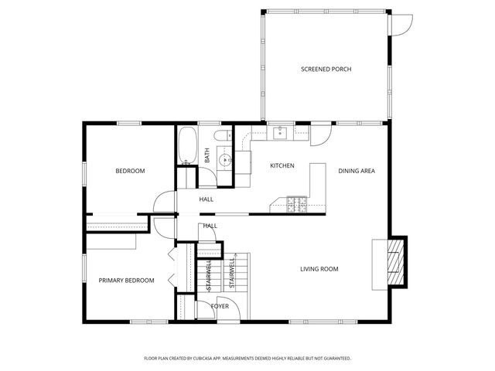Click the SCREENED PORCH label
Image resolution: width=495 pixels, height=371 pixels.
point(326,70)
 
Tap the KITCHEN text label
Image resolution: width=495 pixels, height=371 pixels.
point(282,166)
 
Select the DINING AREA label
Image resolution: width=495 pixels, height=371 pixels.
point(357,171)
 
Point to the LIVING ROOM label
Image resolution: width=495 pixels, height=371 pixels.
point(319,269)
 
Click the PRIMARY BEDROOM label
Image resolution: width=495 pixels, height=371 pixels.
point(126,281)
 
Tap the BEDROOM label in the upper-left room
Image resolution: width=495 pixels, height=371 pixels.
point(130,171)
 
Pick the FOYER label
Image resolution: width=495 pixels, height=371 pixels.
point(220,306)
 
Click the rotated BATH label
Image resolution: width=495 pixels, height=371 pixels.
point(207,155)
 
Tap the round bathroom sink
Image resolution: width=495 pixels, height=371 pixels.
point(224,161)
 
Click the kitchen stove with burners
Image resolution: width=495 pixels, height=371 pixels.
point(296,205)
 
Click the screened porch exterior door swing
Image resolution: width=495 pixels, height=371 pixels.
point(401,23)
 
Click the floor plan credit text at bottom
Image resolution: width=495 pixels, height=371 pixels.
point(247,359)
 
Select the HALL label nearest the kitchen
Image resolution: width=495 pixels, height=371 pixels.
point(207,199)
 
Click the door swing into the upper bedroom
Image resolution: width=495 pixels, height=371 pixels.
point(164,203)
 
